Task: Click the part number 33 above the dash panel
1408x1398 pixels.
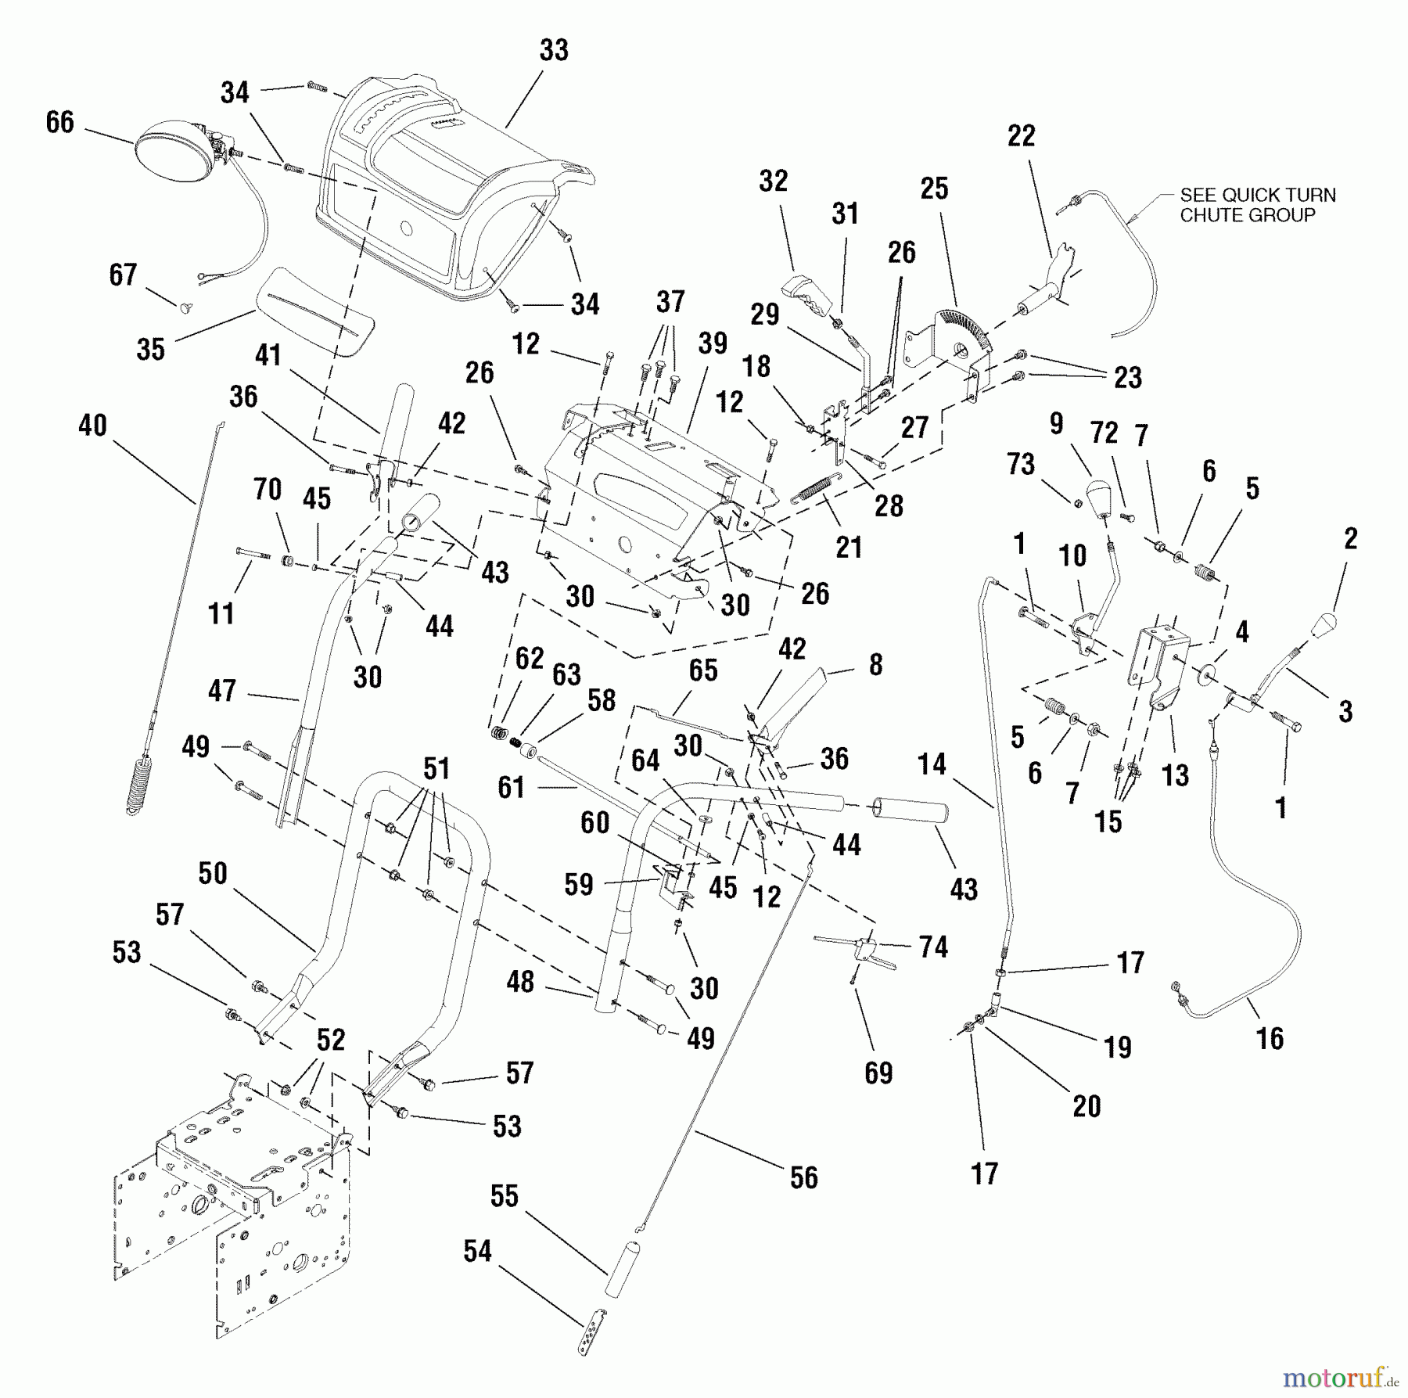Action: point(554,50)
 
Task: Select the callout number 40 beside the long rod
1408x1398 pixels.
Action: point(92,426)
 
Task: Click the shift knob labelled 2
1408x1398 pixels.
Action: point(1321,627)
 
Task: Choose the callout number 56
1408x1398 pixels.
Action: point(803,1177)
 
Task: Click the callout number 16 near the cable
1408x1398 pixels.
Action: point(1270,1038)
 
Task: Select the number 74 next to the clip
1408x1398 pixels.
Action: point(933,947)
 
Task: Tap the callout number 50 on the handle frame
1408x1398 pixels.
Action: point(213,874)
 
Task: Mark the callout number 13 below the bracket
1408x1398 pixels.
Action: point(1175,775)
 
